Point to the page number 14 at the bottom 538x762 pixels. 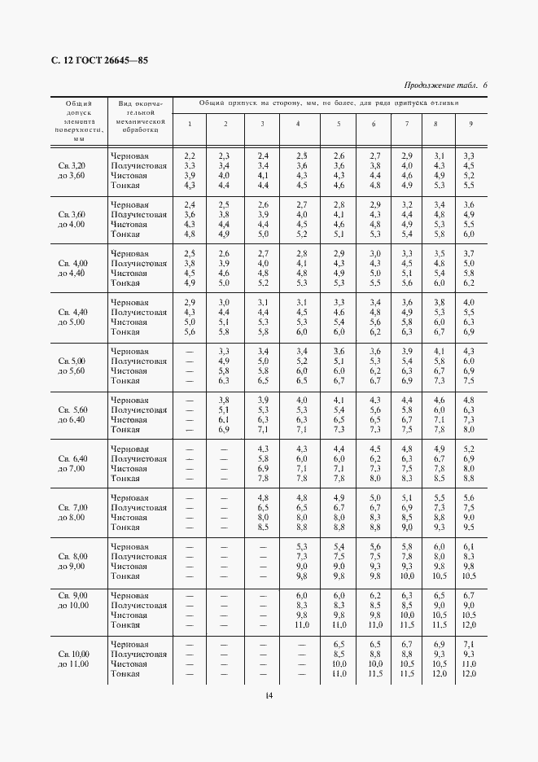click(x=268, y=694)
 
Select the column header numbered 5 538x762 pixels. click(x=339, y=124)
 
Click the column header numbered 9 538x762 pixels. click(x=469, y=124)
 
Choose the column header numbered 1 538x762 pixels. click(x=190, y=124)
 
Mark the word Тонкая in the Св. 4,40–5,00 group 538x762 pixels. click(x=125, y=332)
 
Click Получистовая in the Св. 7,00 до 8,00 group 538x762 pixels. click(x=139, y=507)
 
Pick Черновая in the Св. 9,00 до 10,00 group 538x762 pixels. click(x=129, y=595)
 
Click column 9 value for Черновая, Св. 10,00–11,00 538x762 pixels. click(x=469, y=644)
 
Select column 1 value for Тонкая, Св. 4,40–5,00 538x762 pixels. click(x=190, y=332)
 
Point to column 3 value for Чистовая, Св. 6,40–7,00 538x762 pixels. click(x=263, y=469)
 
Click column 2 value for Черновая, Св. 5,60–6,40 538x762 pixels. click(x=225, y=401)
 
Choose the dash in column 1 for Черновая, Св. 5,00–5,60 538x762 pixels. click(x=190, y=352)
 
